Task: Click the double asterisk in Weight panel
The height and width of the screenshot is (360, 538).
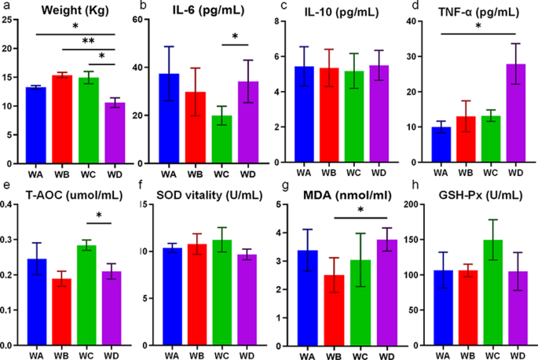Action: click(89, 41)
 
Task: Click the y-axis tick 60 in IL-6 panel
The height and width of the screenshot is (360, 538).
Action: click(146, 20)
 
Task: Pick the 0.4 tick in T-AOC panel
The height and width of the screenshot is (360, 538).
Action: click(11, 205)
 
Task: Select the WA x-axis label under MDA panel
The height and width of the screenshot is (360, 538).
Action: click(308, 354)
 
